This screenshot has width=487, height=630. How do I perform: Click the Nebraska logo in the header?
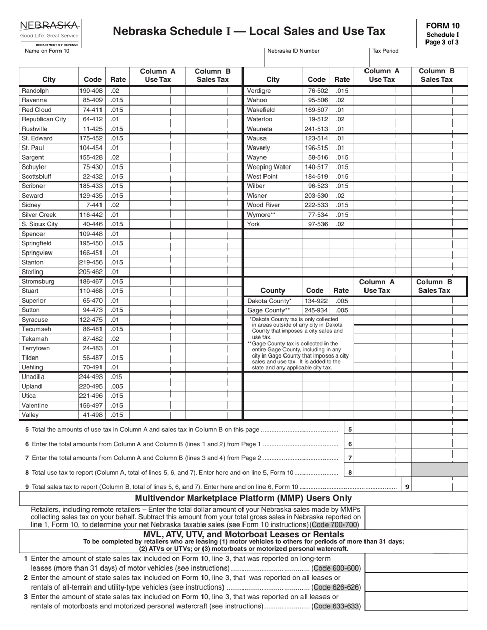50,31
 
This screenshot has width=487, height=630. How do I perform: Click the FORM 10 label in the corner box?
446,26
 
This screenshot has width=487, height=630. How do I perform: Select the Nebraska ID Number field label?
293,51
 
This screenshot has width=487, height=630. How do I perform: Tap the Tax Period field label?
385,51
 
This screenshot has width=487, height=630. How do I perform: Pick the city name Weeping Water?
269,167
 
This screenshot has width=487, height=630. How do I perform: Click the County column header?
273,290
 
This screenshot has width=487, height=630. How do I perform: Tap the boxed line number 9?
407,487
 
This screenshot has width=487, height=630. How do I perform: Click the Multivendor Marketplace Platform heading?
243,498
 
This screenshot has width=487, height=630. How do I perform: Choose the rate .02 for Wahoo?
340,100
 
